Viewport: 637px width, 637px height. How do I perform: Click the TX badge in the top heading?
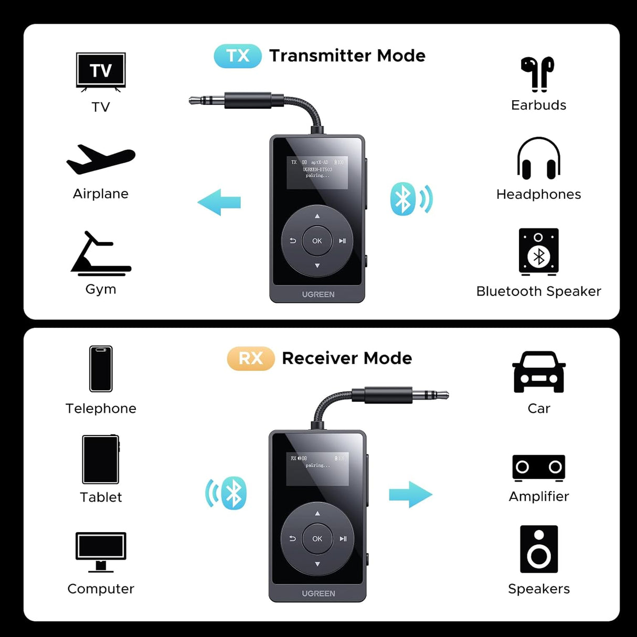pos(238,56)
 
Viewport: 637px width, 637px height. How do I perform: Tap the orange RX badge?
pos(251,358)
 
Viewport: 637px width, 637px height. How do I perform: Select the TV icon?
pos(101,71)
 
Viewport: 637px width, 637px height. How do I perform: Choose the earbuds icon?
pos(538,74)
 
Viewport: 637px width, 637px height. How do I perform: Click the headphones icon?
pos(538,158)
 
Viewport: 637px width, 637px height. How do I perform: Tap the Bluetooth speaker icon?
pos(538,252)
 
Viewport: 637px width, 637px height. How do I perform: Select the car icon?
pos(539,372)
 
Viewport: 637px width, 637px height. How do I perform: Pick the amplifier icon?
pos(539,468)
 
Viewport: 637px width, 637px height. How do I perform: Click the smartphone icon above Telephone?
pos(101,369)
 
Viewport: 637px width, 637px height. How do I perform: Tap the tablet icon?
pos(101,460)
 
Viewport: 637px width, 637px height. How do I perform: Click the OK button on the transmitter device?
pos(317,241)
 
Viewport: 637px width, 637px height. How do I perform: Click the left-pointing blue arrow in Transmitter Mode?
pos(219,202)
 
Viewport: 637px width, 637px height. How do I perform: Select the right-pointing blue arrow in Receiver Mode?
pos(410,494)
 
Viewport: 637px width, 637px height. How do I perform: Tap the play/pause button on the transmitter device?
pos(342,241)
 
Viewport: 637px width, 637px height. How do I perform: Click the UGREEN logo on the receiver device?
pos(318,593)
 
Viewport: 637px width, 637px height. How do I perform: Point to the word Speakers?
pos(539,589)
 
